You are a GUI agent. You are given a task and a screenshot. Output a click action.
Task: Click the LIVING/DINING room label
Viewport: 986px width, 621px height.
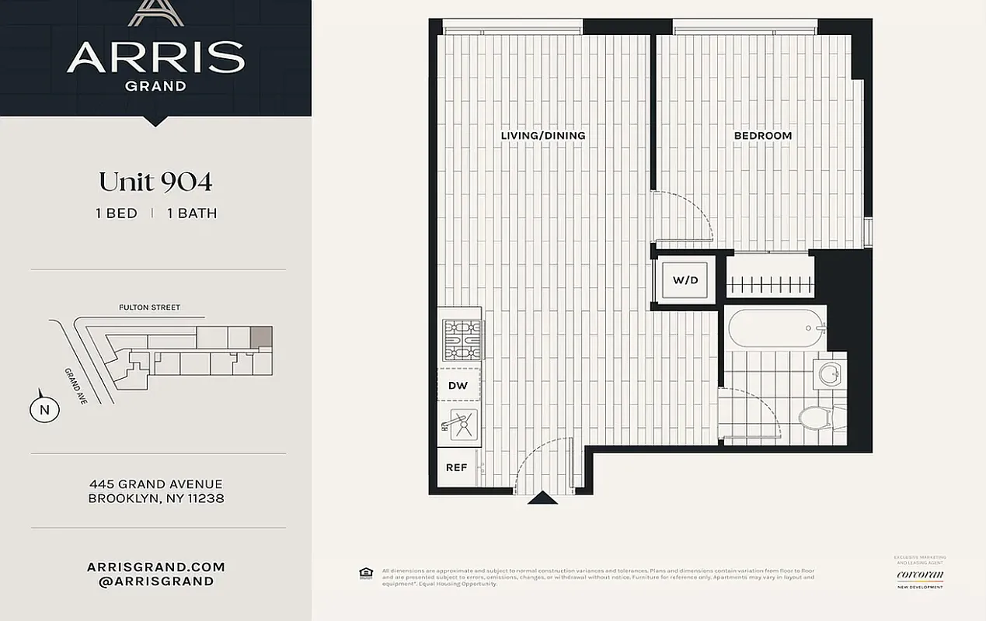coord(542,136)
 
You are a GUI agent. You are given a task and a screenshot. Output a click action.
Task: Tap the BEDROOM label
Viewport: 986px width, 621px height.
coord(762,136)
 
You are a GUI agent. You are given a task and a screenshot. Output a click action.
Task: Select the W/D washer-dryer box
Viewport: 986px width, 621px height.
coord(685,280)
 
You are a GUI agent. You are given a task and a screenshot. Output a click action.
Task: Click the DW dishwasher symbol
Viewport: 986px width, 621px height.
coord(458,385)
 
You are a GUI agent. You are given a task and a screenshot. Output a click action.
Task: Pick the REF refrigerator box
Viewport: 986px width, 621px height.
coord(456,467)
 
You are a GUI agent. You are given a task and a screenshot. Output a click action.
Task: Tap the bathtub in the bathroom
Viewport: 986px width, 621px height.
coord(775,328)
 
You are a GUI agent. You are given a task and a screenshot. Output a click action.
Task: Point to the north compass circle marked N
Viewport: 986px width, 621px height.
coord(44,410)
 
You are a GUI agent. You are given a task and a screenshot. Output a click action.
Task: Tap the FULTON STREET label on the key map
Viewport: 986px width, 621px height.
coord(149,307)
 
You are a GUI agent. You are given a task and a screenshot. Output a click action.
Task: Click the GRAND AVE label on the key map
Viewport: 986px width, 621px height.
coord(77,384)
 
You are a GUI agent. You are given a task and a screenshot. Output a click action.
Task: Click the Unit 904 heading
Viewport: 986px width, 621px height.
coord(155,182)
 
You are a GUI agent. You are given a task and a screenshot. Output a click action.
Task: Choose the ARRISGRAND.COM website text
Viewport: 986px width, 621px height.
coord(155,567)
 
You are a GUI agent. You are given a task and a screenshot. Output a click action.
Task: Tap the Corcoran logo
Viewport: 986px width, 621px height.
coord(920,575)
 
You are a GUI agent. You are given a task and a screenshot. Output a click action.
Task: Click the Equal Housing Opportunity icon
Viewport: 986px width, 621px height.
coord(365,574)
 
